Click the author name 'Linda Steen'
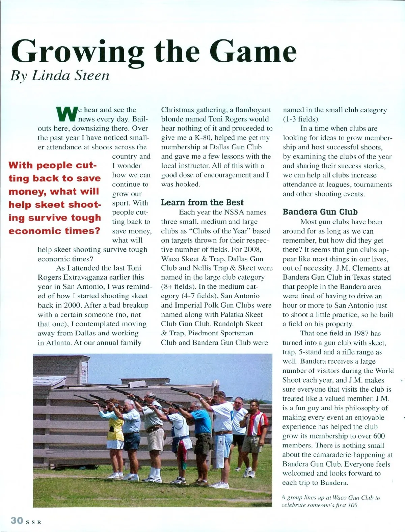(71, 75)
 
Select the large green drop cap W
(66, 114)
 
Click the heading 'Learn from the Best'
(202, 202)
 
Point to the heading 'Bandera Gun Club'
(320, 212)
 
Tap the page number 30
(17, 520)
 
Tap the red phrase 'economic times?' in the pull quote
(54, 231)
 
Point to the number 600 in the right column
(378, 436)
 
